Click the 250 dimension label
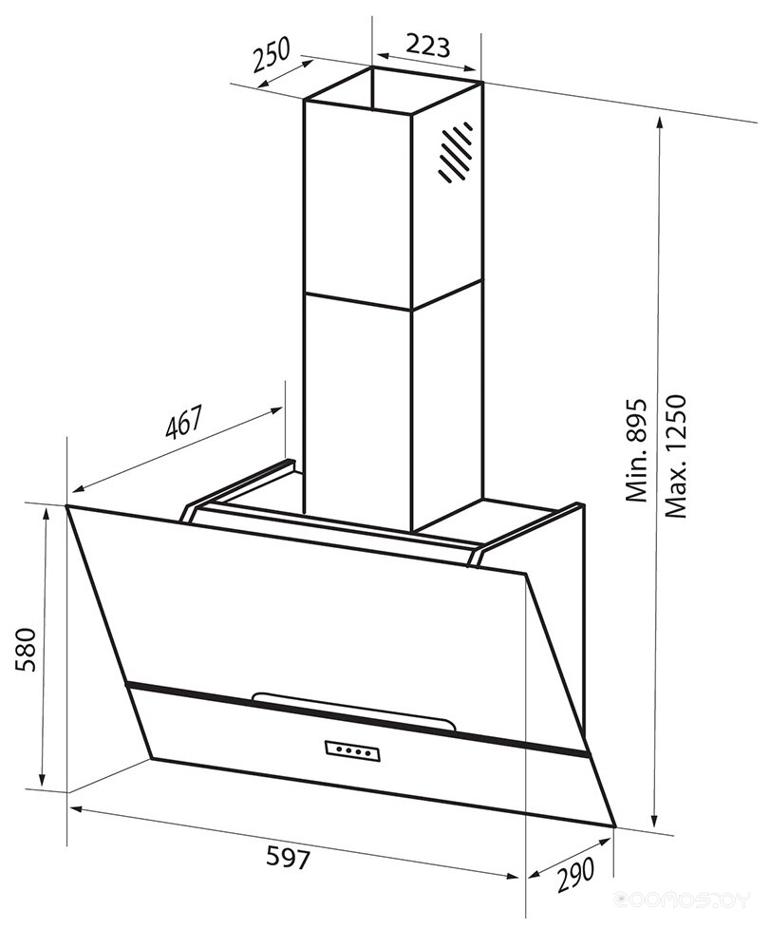271,53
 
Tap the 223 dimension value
428,46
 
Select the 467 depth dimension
183,422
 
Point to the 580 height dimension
27,650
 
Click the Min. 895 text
637,451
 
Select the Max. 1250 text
675,456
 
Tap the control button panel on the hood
352,749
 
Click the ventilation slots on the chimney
455,153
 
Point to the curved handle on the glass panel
353,711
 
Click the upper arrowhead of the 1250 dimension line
659,123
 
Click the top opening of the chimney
393,91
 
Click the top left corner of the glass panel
66,505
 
